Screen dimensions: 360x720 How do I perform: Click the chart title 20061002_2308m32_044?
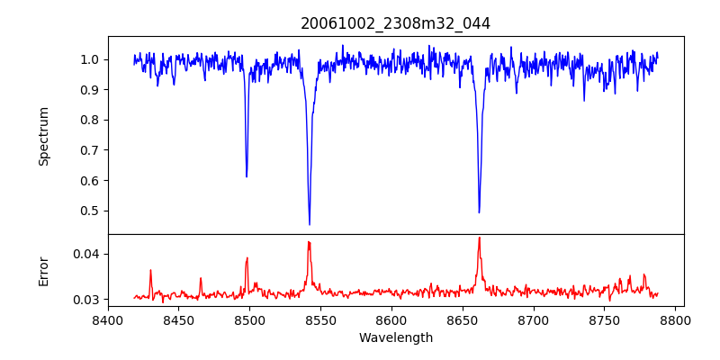pos(395,23)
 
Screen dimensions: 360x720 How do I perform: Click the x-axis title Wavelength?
pos(395,338)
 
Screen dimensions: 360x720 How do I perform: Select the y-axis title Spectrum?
pos(44,136)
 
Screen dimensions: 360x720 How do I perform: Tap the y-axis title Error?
pos(44,271)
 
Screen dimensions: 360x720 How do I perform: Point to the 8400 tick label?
pos(108,319)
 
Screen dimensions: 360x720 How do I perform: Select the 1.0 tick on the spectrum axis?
pos(90,60)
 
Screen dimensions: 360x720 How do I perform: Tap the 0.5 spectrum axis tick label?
pos(90,211)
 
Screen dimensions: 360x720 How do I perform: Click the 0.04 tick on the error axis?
pos(86,254)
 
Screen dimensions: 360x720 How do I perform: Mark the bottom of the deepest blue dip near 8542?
pos(310,224)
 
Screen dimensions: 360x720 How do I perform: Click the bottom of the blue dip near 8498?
pos(247,176)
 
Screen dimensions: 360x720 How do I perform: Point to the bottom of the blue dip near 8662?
pos(479,212)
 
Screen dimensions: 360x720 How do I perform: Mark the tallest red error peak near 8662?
pos(479,238)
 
